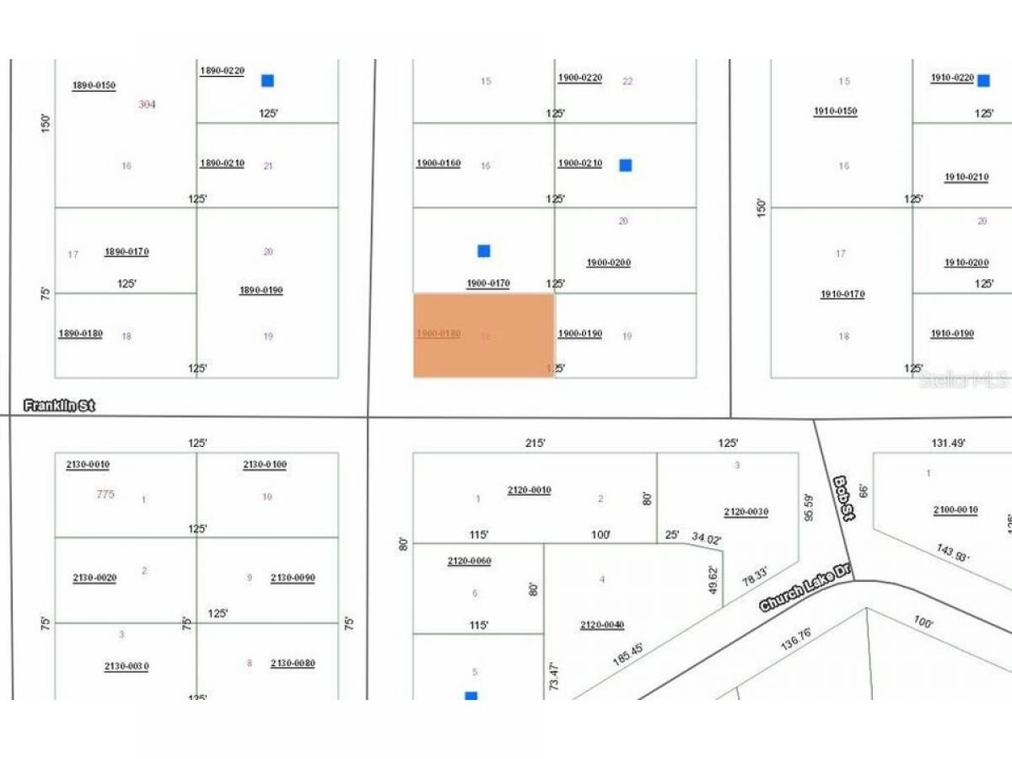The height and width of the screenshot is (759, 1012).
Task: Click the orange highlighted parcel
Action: (x=483, y=335)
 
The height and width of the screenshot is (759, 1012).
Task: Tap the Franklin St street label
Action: (x=59, y=406)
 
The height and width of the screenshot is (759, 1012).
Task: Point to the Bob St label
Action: (x=844, y=498)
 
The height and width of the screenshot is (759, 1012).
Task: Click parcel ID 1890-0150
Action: (x=94, y=85)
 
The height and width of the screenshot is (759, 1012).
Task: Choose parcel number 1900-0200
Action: (x=608, y=262)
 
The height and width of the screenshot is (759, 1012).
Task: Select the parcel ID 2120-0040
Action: (x=601, y=625)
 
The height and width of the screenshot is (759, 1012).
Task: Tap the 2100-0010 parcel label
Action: (x=955, y=509)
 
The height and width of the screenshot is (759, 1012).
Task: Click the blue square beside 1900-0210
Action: (x=625, y=165)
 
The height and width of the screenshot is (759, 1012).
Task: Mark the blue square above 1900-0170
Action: (x=483, y=250)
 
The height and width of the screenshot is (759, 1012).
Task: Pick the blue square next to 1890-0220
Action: (x=267, y=81)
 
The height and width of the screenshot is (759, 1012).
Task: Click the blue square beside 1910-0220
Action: (x=983, y=81)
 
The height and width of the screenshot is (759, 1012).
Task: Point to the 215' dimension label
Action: (x=536, y=442)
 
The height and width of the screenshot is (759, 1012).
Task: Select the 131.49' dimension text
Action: (x=947, y=442)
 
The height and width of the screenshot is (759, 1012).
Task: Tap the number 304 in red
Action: (x=147, y=105)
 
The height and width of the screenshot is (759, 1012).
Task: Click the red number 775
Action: (x=105, y=494)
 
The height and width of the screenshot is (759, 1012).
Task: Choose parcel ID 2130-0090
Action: (x=293, y=578)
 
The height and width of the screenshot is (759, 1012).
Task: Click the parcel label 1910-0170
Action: (x=842, y=294)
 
